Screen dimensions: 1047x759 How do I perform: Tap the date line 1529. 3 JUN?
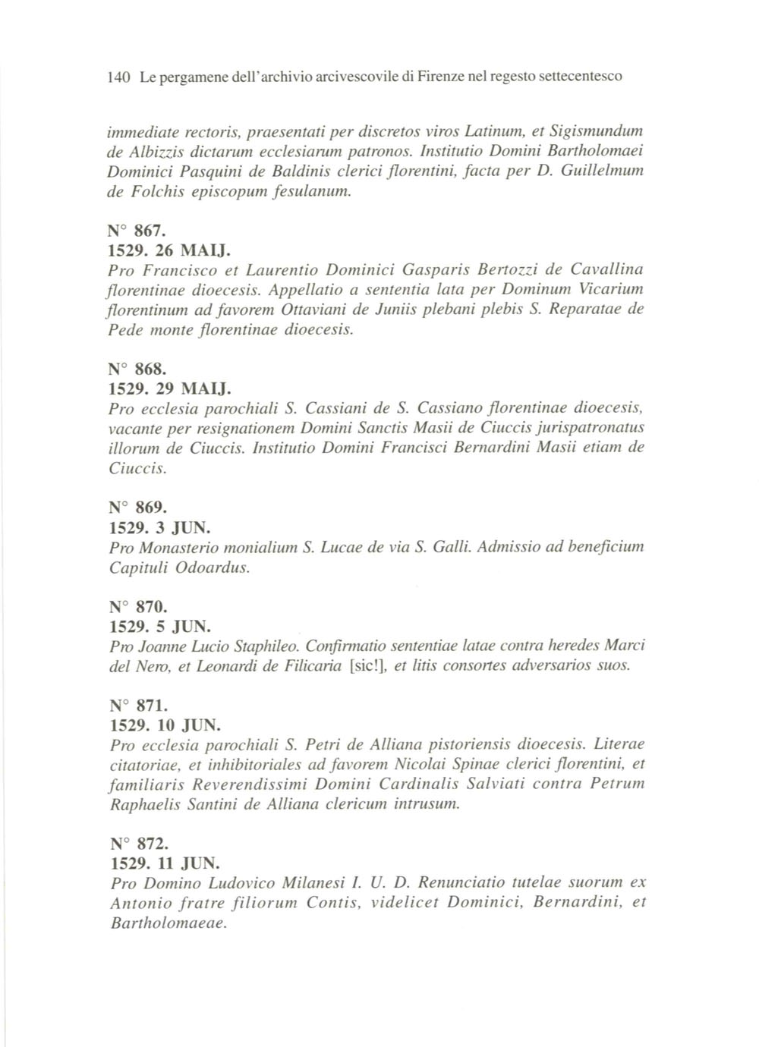[161, 527]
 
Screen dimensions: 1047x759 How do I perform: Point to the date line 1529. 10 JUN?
[165, 725]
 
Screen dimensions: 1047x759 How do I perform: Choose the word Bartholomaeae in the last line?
[168, 923]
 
